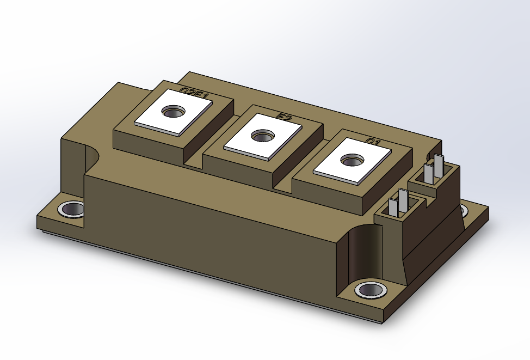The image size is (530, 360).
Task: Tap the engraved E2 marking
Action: (284, 117)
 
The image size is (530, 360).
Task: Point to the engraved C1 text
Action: (372, 142)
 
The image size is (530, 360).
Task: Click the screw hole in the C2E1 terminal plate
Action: (174, 112)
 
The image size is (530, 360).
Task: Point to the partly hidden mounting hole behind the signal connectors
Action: (464, 210)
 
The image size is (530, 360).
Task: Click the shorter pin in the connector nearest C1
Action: (429, 172)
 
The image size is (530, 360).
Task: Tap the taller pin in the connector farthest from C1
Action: (403, 200)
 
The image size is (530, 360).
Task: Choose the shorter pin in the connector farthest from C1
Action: (393, 207)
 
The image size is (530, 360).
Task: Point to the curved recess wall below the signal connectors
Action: (362, 251)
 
